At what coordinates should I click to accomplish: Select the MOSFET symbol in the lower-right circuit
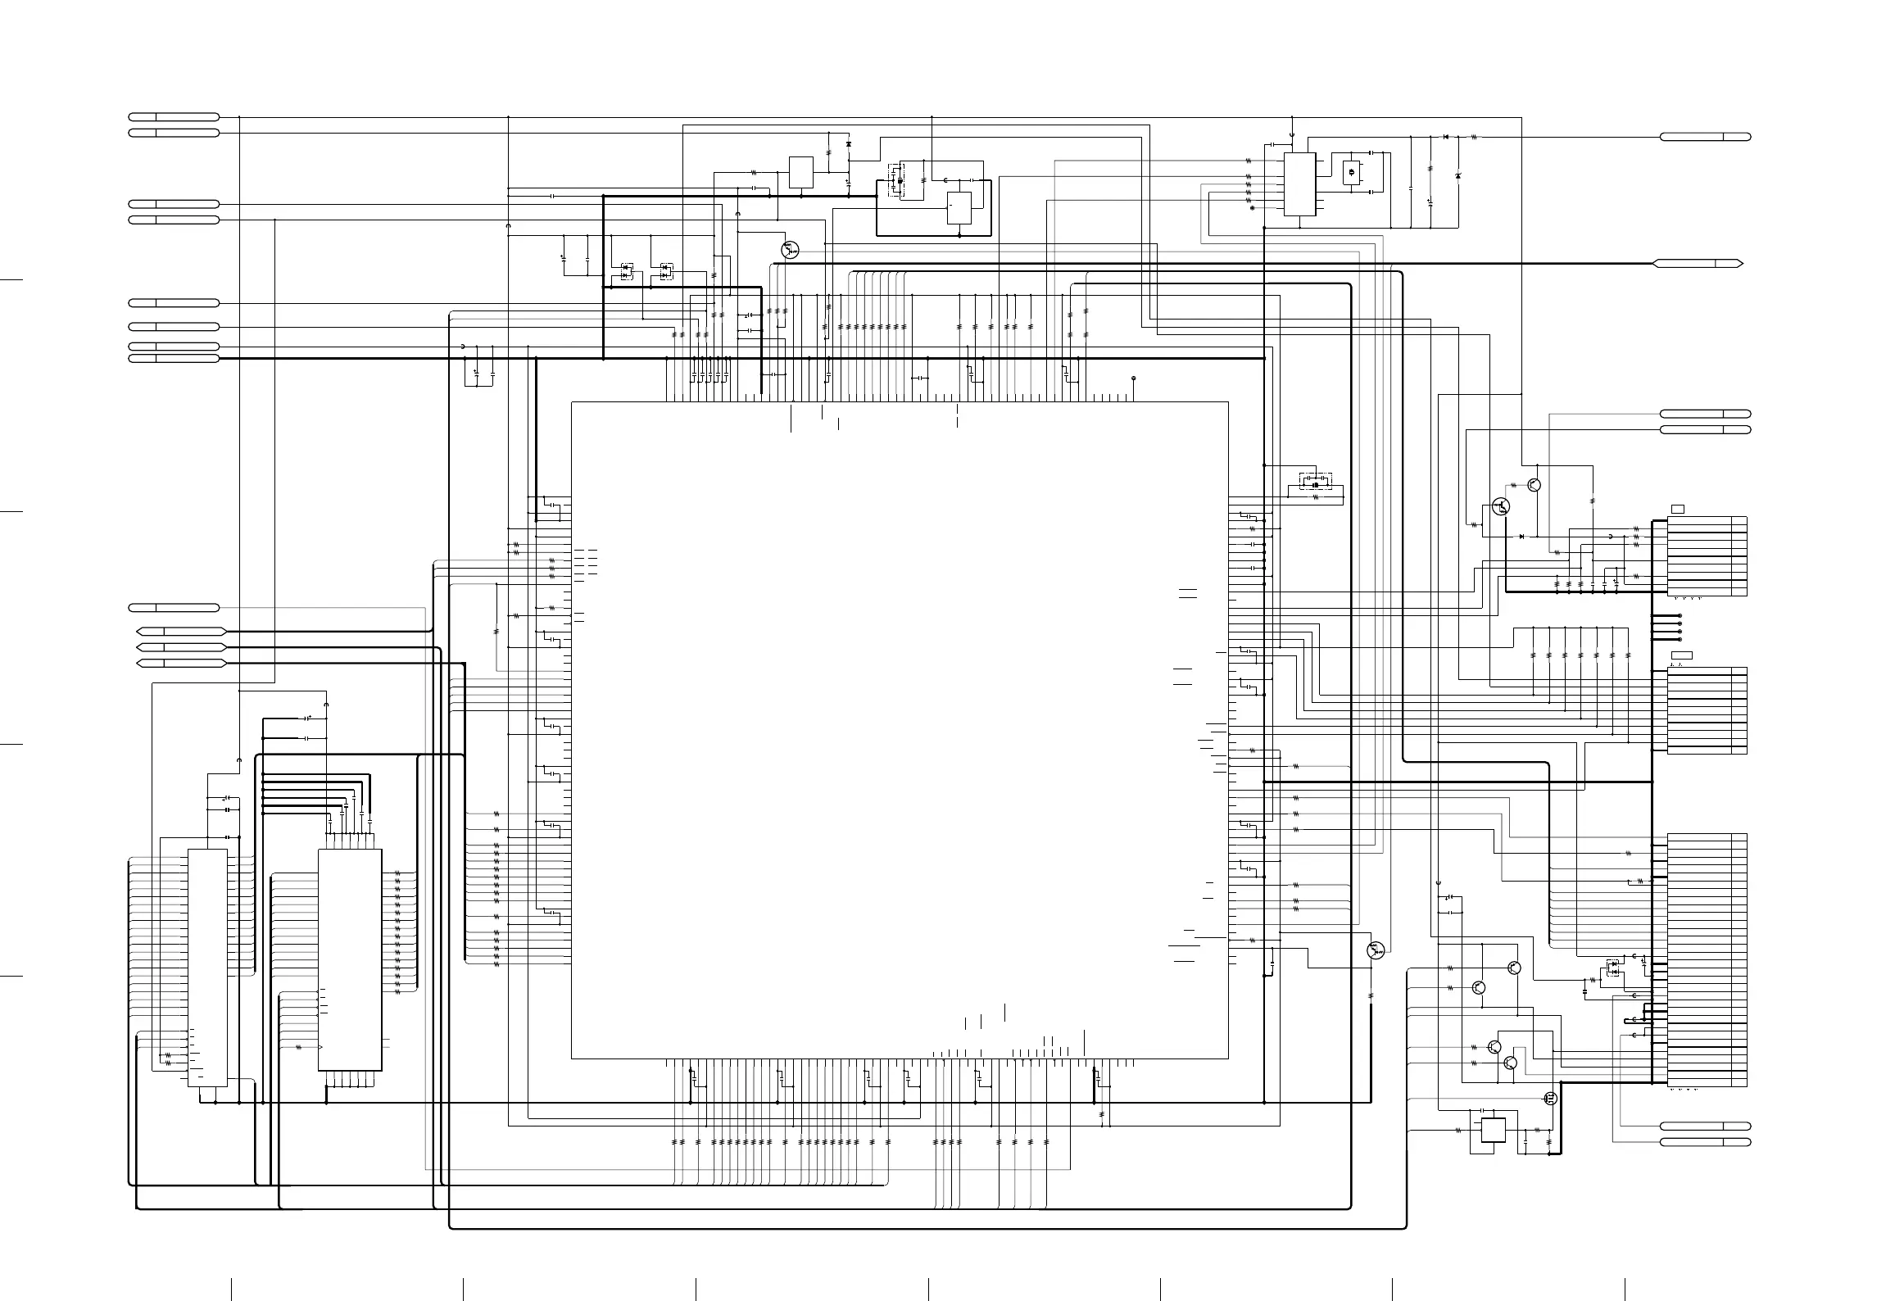click(x=1550, y=1099)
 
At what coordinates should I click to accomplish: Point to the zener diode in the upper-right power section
click(x=1457, y=176)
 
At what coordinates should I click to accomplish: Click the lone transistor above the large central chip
click(x=790, y=250)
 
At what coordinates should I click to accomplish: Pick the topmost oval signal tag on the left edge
click(x=174, y=116)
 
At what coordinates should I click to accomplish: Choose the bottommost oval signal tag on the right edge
click(x=1705, y=1142)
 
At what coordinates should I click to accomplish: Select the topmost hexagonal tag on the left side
click(x=180, y=632)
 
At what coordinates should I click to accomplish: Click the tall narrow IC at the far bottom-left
click(x=207, y=968)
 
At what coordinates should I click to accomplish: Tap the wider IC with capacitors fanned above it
click(x=350, y=959)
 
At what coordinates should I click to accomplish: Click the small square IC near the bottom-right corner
click(x=1494, y=1130)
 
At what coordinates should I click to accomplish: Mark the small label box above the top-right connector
click(x=1677, y=510)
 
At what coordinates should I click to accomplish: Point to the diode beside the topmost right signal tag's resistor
click(x=1446, y=137)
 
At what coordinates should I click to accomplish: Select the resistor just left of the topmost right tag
click(x=1474, y=137)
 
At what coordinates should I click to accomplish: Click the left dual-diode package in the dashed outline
click(x=627, y=270)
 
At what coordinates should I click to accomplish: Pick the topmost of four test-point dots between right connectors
click(x=1680, y=615)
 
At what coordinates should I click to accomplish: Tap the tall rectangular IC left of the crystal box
click(x=1299, y=184)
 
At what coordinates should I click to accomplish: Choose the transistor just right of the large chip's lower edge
click(x=1376, y=950)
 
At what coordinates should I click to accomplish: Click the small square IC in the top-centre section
click(x=801, y=172)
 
